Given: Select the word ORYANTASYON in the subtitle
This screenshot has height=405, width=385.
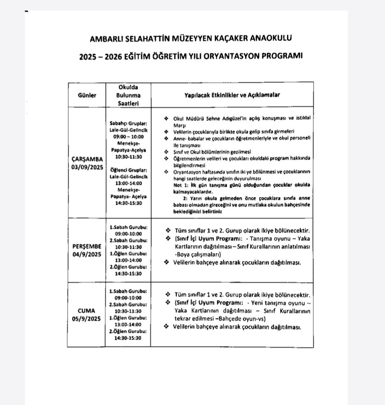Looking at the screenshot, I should [x=227, y=55].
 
